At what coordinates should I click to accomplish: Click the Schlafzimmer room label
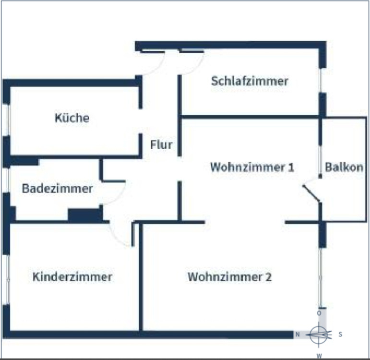point(250,81)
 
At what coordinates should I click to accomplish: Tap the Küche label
point(72,118)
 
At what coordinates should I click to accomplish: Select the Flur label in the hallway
point(161,144)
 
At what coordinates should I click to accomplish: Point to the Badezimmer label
point(57,189)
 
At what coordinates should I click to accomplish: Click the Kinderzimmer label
point(72,277)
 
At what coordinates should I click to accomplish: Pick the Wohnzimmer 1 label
point(252,167)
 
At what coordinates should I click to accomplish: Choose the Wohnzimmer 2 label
point(229,277)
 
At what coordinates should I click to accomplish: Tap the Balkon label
point(344,167)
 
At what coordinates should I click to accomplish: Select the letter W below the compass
point(318,356)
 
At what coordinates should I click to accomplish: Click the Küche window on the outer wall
point(7,120)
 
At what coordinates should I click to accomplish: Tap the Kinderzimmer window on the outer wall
point(7,278)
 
